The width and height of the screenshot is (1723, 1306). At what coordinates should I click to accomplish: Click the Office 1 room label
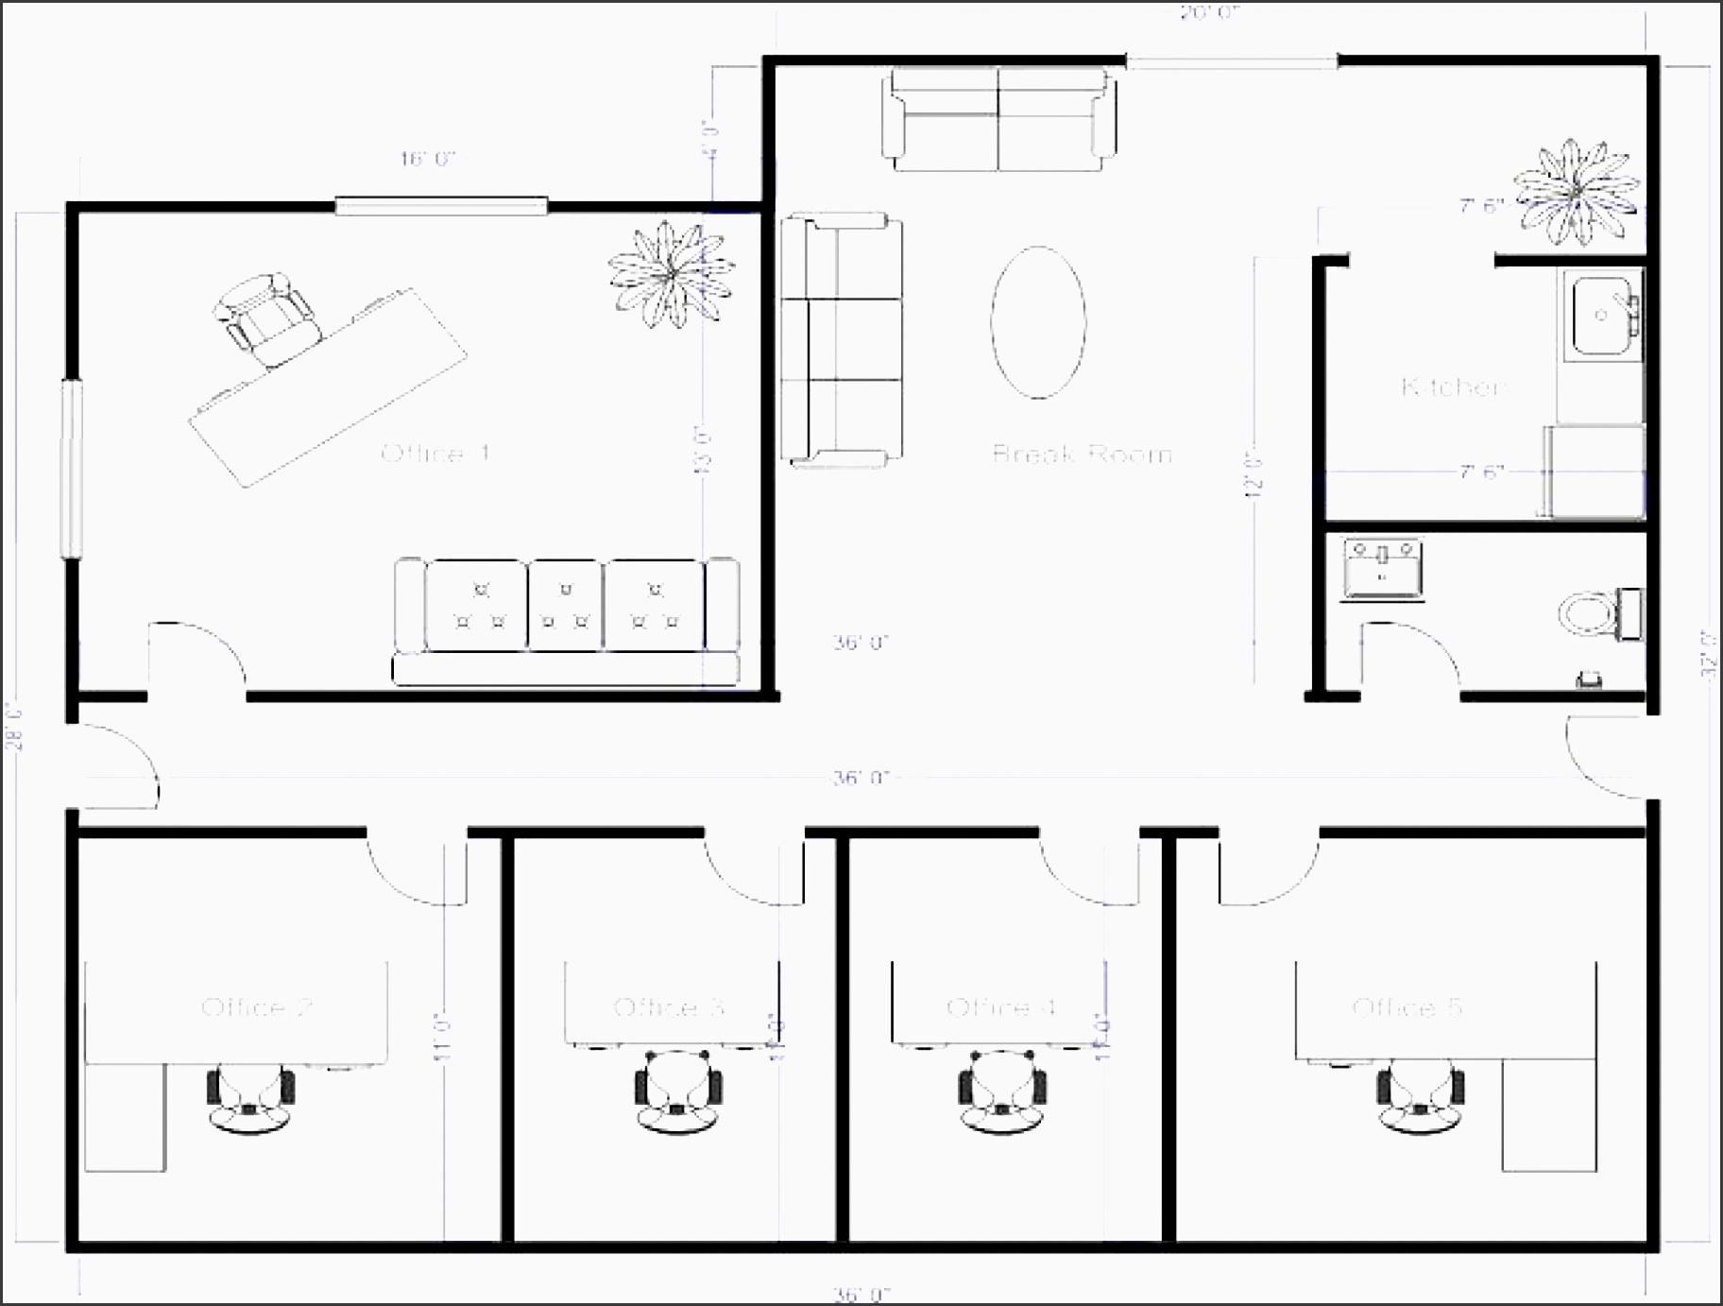[435, 454]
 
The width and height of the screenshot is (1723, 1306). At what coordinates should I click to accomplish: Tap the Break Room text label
[1082, 454]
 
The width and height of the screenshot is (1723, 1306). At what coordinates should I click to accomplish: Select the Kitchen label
[1453, 387]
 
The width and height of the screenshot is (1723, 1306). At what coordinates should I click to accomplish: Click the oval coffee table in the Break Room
[1038, 322]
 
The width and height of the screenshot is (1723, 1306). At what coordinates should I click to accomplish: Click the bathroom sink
[1383, 569]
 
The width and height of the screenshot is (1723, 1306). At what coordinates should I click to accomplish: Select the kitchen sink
[1603, 315]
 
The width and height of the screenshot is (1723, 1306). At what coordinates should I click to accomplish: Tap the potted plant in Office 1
[671, 275]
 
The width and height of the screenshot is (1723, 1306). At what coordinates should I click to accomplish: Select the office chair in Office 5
[1420, 1091]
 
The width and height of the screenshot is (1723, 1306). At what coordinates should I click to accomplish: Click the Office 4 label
[1000, 1007]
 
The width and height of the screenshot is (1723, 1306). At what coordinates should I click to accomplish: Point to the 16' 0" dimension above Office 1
[428, 159]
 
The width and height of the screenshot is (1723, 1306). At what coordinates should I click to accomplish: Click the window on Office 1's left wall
[72, 469]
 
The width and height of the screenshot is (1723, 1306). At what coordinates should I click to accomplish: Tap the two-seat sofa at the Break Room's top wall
[998, 119]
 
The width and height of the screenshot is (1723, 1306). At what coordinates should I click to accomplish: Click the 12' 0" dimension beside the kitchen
[1254, 473]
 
